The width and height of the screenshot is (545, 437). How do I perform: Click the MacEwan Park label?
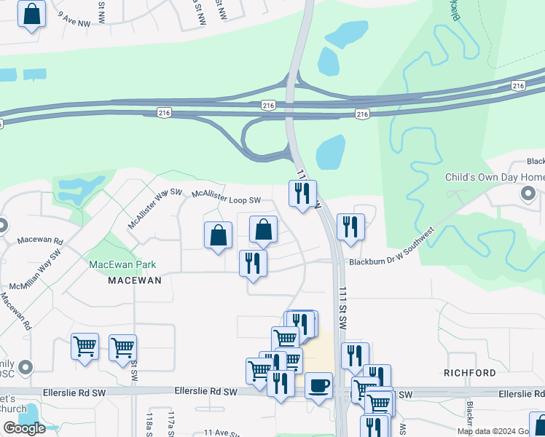point(122,264)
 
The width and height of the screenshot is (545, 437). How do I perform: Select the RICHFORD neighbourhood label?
point(470,373)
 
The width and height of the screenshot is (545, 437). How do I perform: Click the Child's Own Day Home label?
point(495,178)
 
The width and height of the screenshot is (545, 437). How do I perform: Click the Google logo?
point(24,428)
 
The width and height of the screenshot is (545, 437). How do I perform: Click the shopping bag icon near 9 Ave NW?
point(32,14)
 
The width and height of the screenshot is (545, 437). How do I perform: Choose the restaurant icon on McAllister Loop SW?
point(302,193)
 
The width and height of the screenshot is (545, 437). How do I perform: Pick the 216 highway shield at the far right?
point(518,86)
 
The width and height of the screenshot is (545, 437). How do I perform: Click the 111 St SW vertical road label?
point(342,309)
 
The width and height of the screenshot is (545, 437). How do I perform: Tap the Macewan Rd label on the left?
point(40,240)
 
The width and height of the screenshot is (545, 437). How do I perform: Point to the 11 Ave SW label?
point(221,432)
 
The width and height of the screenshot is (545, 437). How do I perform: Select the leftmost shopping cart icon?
point(85,347)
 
